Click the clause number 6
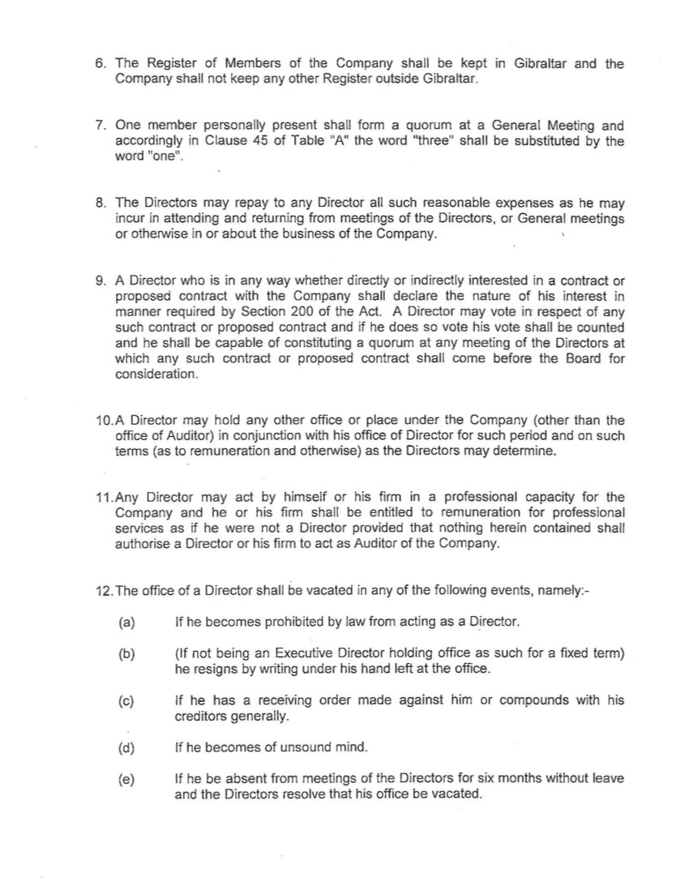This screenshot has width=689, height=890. pyautogui.click(x=101, y=64)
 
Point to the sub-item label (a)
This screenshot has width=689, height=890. pyautogui.click(x=126, y=623)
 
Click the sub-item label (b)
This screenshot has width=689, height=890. pyautogui.click(x=126, y=654)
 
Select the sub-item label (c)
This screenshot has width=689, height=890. pyautogui.click(x=126, y=701)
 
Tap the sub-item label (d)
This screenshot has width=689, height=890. pyautogui.click(x=126, y=747)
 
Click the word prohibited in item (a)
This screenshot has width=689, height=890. pyautogui.click(x=275, y=623)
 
